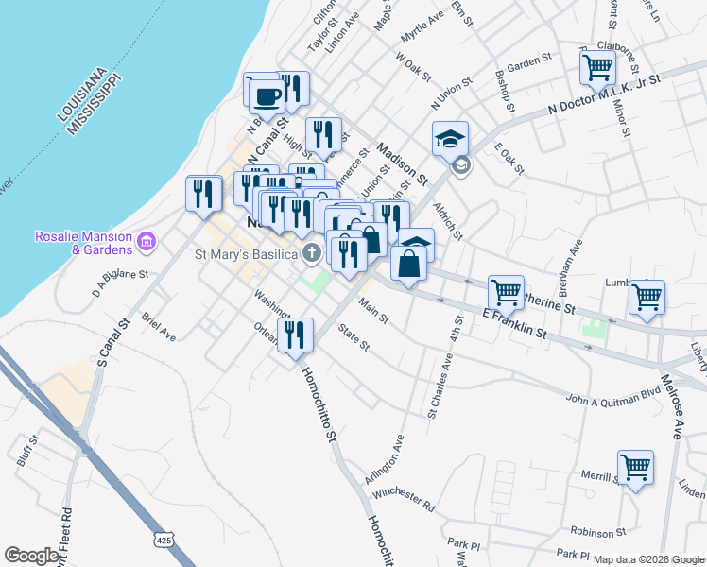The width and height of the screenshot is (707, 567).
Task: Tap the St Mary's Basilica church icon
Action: click(312, 252)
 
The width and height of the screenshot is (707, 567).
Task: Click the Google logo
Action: click(31, 556)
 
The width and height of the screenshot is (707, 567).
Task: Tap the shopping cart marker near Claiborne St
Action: click(597, 67)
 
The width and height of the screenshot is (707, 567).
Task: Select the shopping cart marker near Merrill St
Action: click(635, 466)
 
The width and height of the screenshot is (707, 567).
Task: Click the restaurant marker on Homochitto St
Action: click(295, 335)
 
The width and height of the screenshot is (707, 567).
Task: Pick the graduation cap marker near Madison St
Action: click(451, 139)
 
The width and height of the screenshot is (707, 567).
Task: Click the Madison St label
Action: click(403, 162)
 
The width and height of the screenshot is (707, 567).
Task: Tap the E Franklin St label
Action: click(515, 323)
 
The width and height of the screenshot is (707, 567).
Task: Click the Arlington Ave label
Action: click(385, 460)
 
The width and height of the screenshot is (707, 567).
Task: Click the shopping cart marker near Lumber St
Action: click(647, 297)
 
